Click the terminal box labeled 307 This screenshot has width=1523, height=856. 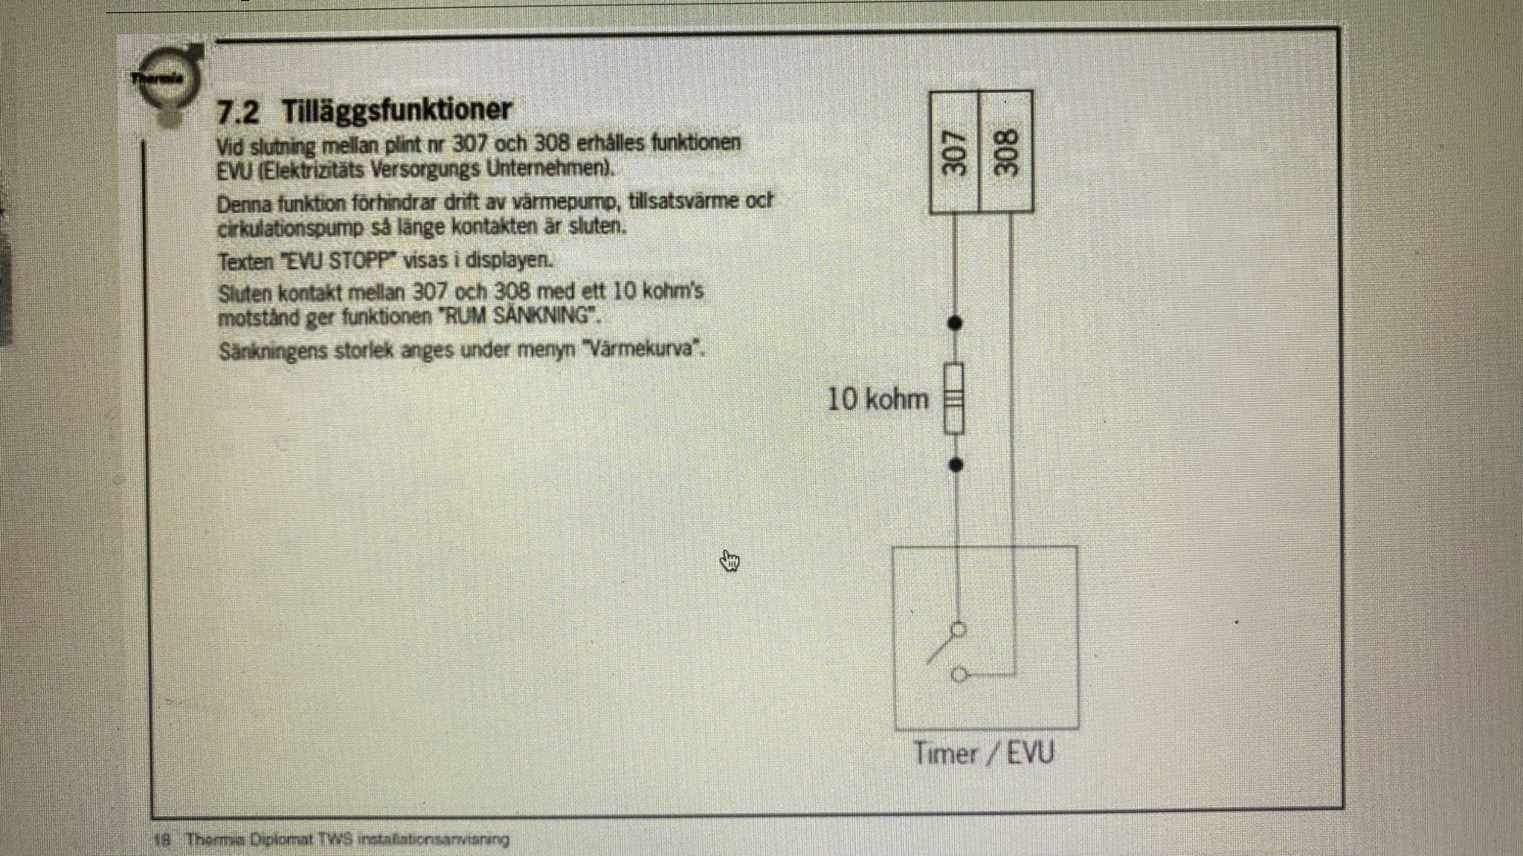tap(955, 152)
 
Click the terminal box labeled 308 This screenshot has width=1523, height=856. tap(1006, 152)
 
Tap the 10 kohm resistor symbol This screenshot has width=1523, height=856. tap(955, 398)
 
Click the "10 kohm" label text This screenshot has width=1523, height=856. tap(878, 400)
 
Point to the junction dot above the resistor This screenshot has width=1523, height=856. tap(956, 322)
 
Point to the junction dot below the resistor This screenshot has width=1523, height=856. tap(956, 465)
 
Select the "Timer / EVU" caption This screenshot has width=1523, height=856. tap(983, 753)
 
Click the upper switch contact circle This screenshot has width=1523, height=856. tap(959, 629)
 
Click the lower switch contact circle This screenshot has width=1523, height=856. tap(959, 675)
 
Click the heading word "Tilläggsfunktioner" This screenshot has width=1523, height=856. tap(396, 110)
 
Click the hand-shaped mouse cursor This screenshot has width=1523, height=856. tap(730, 561)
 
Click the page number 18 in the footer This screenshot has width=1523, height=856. tap(162, 840)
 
